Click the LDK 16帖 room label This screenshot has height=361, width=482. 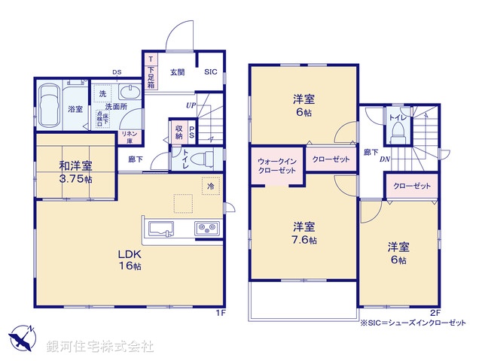click(129, 260)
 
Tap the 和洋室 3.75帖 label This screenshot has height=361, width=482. click(75, 172)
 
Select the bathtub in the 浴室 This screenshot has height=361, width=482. click(51, 107)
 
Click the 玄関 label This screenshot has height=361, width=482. click(177, 72)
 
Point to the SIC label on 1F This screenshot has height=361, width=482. click(210, 72)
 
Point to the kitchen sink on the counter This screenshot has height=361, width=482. click(160, 228)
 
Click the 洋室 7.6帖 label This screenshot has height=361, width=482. click(304, 233)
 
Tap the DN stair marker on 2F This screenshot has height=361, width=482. click(384, 159)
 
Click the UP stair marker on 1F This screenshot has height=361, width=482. click(191, 105)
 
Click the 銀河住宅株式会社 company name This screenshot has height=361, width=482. click(100, 346)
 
